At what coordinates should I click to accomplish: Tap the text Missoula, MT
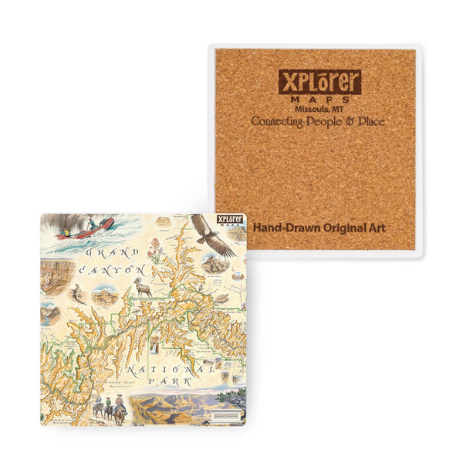(318, 110)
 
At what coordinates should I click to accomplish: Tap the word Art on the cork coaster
(376, 228)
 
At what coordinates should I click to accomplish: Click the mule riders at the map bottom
(110, 409)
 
